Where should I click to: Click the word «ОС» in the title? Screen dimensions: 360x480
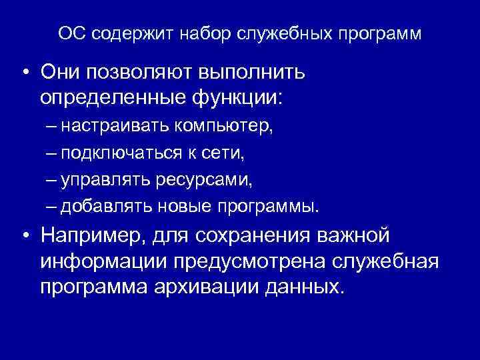(x=70, y=33)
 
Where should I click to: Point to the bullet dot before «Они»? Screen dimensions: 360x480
(x=24, y=71)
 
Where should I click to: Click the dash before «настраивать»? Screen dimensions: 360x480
(x=53, y=125)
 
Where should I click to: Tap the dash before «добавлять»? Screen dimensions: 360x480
(x=53, y=207)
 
